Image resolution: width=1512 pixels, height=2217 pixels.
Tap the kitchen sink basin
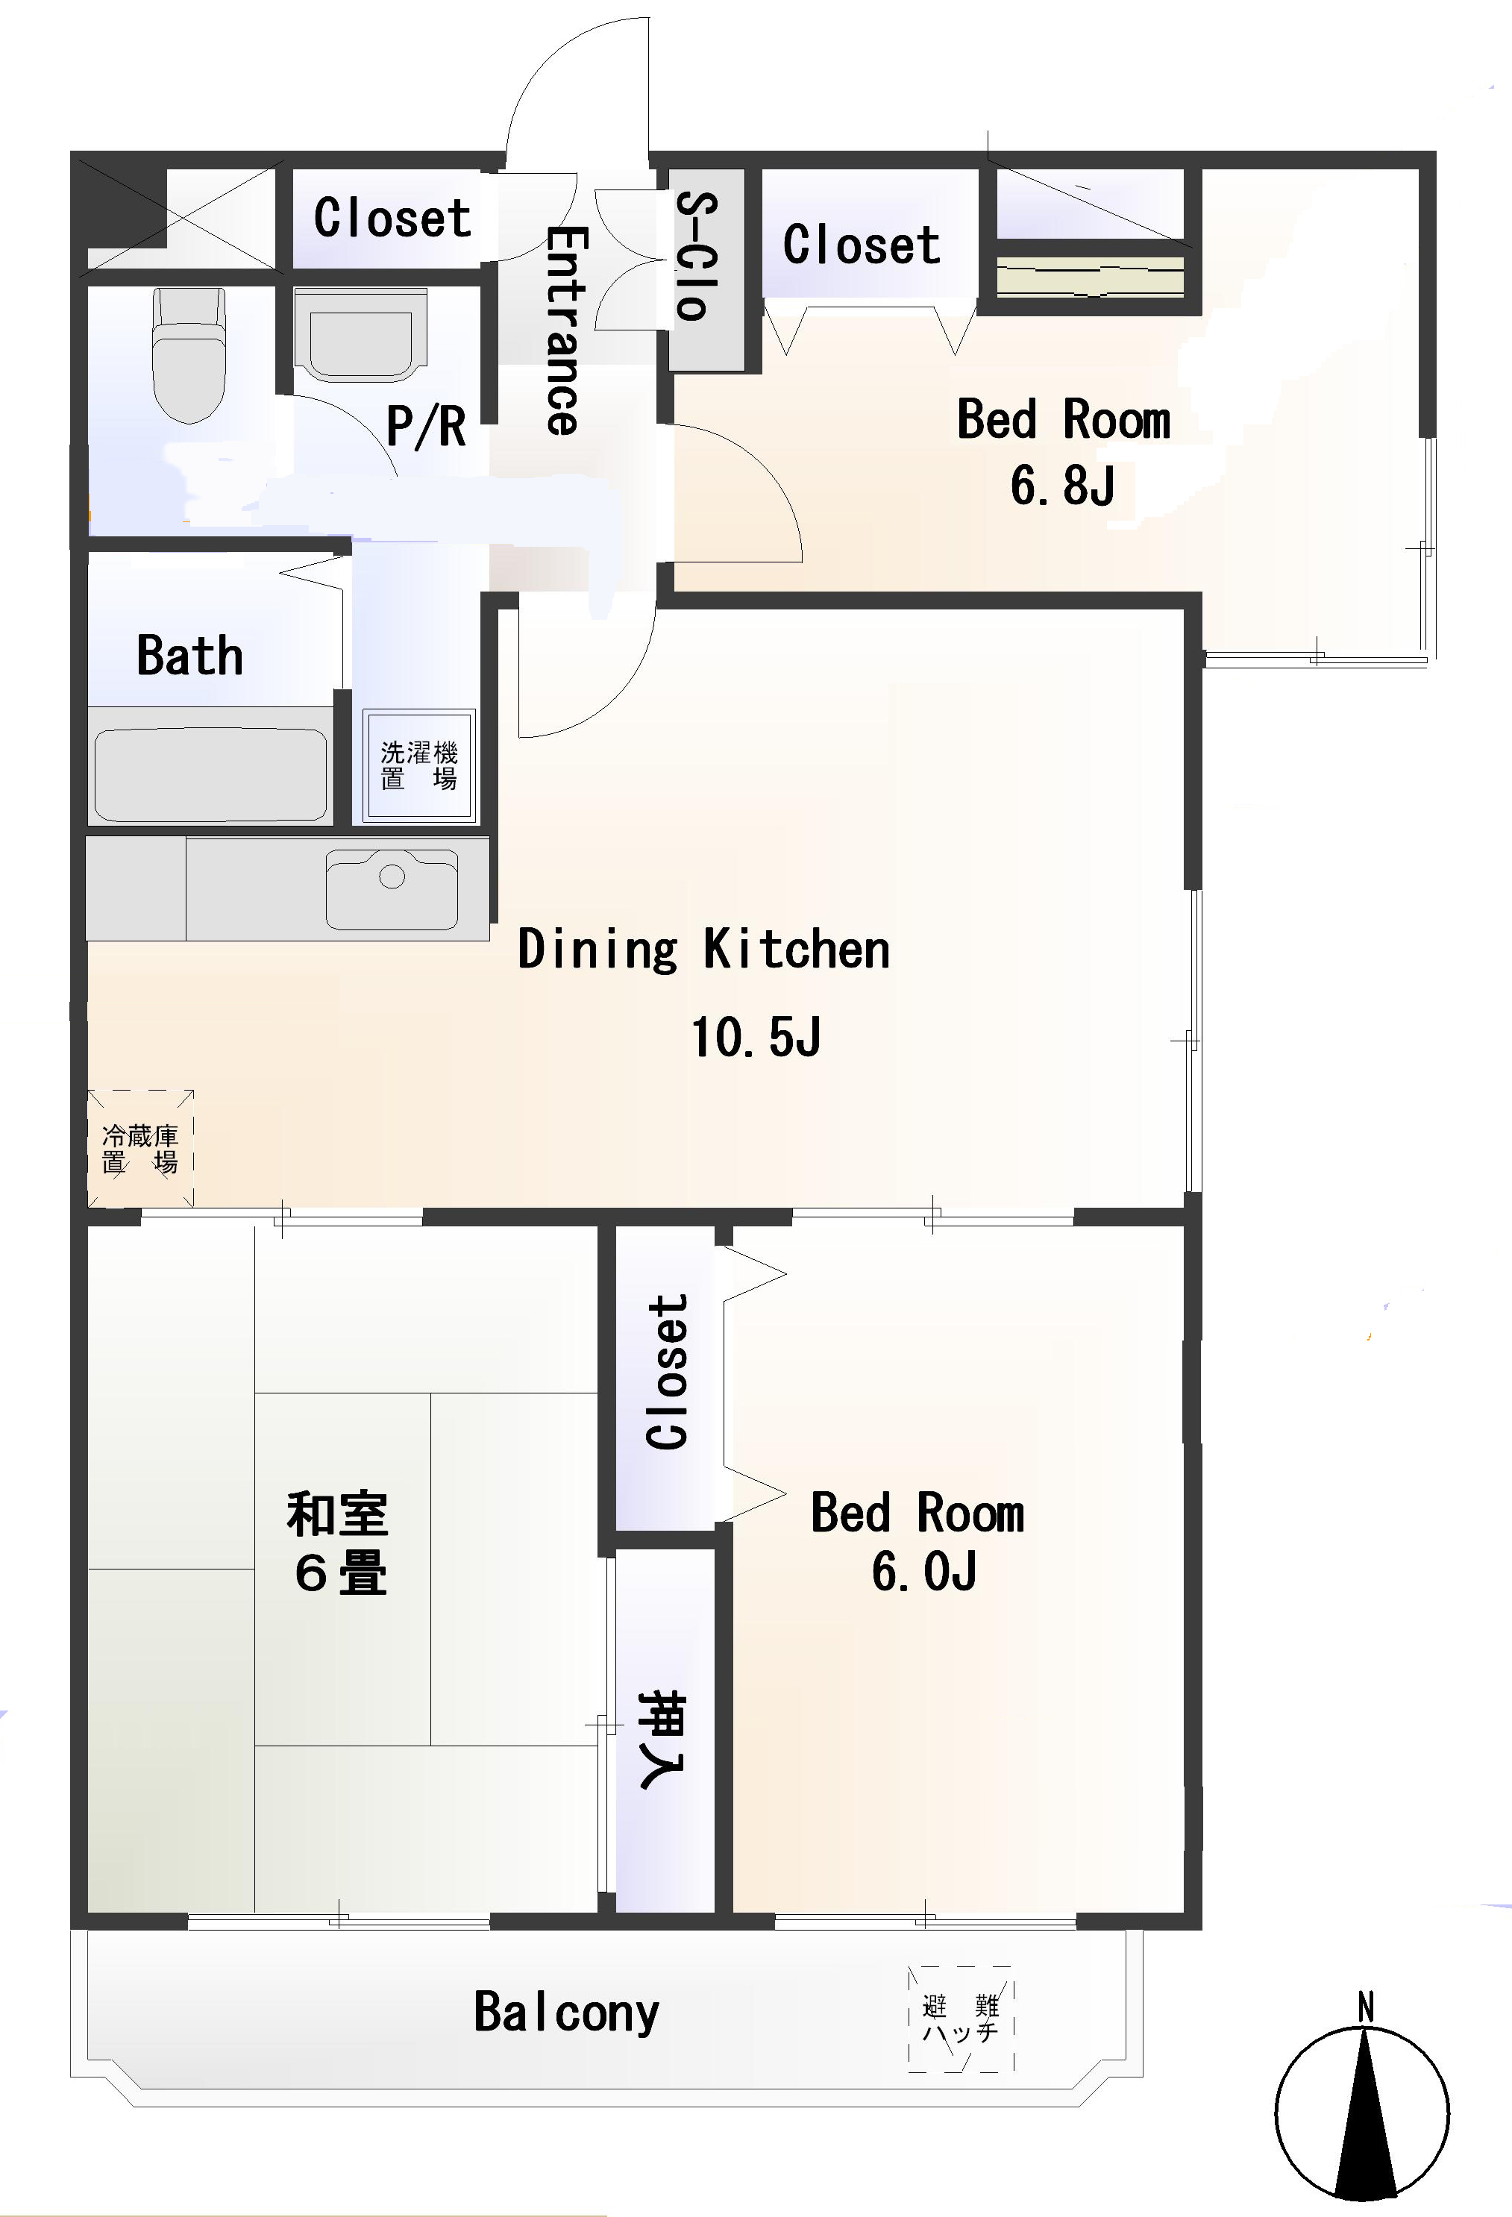[392, 888]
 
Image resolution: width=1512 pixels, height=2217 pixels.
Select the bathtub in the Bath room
[211, 774]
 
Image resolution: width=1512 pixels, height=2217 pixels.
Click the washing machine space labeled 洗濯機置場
[418, 765]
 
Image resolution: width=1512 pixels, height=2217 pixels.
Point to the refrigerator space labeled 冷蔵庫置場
[140, 1149]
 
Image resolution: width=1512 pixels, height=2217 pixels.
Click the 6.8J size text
[1063, 485]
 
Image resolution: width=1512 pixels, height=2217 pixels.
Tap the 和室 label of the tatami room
[338, 1514]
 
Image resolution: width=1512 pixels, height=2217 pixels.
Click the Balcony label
[567, 2013]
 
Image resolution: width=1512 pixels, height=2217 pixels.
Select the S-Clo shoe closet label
[697, 256]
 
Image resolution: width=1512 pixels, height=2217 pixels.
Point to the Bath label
[189, 656]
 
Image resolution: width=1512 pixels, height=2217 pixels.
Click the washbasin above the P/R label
[360, 334]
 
